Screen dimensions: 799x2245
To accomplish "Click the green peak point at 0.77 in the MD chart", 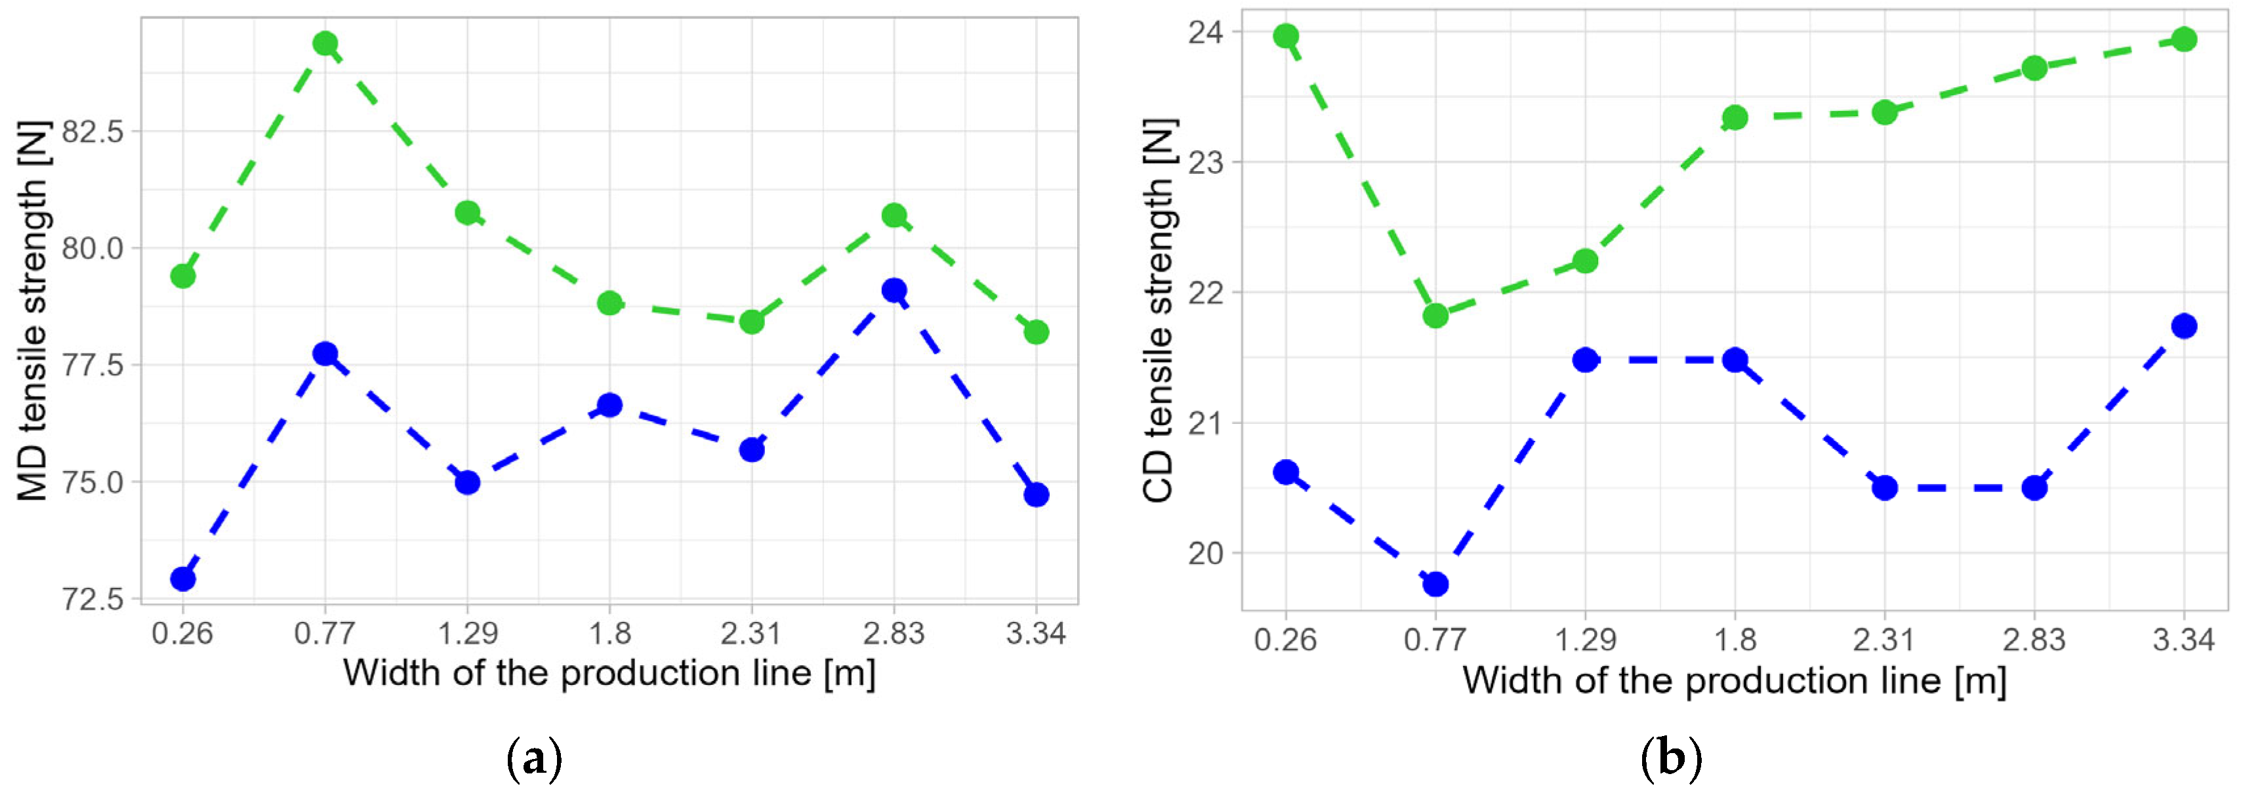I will click(325, 43).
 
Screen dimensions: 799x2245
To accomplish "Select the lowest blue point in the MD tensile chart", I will click(183, 579).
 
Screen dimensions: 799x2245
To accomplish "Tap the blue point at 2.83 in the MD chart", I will click(894, 290).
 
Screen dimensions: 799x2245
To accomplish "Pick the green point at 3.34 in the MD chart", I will click(1036, 332).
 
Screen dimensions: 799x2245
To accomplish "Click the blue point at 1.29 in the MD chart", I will click(468, 482).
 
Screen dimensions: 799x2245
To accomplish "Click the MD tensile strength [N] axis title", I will click(33, 311).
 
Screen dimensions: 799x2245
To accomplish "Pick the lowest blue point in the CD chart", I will click(1435, 584).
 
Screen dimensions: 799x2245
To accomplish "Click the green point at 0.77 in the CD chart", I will click(1435, 316).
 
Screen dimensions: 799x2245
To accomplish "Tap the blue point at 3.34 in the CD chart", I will click(2184, 326).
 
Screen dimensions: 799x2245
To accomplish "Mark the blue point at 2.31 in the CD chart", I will click(1885, 487).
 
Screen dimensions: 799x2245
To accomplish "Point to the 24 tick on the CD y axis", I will click(1205, 32).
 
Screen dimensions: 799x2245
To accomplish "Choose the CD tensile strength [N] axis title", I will click(1159, 311).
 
